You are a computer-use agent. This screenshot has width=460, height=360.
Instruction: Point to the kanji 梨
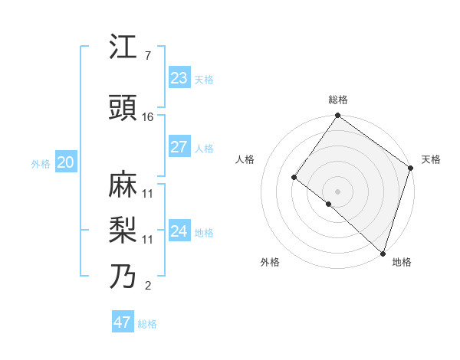coord(123,230)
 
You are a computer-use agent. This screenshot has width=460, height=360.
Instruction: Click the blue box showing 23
coord(179,78)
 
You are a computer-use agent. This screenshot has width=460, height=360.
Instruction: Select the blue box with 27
coord(179,147)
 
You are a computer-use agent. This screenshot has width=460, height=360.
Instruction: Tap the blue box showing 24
coord(179,231)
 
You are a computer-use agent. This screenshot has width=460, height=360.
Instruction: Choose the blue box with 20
coord(65,162)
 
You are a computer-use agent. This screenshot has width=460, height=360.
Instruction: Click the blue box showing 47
coord(122,322)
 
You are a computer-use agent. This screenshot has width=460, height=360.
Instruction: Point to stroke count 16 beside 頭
coord(148,117)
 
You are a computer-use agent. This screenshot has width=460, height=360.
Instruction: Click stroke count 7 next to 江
coord(147,56)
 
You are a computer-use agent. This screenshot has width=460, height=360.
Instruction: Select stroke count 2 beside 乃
coord(147,286)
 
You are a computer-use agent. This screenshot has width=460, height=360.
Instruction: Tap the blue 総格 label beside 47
coord(147,324)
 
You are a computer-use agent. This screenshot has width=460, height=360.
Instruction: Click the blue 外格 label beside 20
coord(40,164)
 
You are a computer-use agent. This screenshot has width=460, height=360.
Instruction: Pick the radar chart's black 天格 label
coord(431,159)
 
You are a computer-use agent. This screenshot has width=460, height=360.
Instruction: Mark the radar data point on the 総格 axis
coord(337,116)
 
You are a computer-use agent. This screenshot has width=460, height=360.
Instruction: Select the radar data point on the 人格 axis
coord(294,177)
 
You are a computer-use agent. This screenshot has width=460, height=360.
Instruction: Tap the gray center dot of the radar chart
coord(337,191)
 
